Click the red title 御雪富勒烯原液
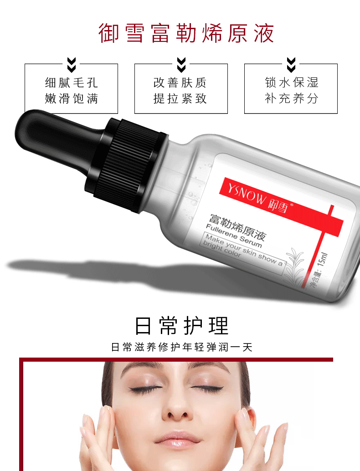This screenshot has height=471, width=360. click(186, 33)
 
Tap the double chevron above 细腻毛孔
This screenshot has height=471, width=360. click(72, 65)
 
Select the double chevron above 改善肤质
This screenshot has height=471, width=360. click(181, 65)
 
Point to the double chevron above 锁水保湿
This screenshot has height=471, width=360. click(291, 65)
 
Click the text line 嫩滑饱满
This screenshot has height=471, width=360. click(72, 98)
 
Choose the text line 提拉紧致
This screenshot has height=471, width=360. click(180, 98)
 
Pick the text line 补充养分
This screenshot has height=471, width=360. click(291, 98)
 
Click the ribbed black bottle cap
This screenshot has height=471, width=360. click(126, 165)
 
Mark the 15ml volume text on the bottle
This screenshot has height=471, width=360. click(323, 259)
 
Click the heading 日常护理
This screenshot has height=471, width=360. click(182, 326)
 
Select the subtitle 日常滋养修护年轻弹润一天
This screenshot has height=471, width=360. click(181, 347)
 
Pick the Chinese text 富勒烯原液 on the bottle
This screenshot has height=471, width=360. click(237, 227)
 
